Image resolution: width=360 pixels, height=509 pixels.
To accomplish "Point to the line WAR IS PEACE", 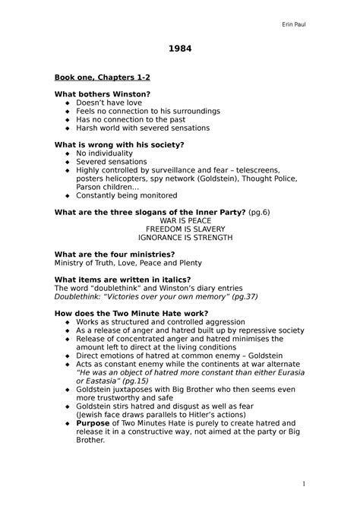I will (180, 220).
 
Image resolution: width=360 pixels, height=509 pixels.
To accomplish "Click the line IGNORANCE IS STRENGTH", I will (180, 237).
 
